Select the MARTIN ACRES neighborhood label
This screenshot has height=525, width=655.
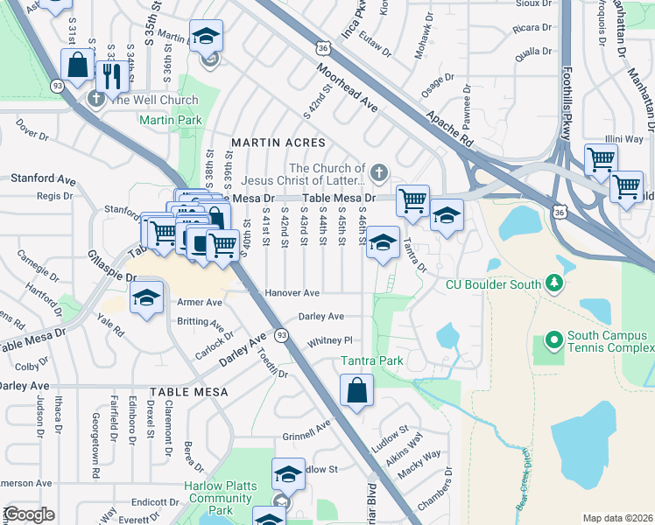click(x=278, y=142)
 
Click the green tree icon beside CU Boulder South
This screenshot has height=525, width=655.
click(x=553, y=283)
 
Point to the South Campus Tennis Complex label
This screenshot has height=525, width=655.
click(x=608, y=342)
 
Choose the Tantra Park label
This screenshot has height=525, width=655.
click(x=372, y=360)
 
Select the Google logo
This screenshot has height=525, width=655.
click(x=29, y=514)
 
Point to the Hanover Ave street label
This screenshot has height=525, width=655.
click(x=293, y=293)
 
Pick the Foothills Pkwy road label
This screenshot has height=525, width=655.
click(x=567, y=103)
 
